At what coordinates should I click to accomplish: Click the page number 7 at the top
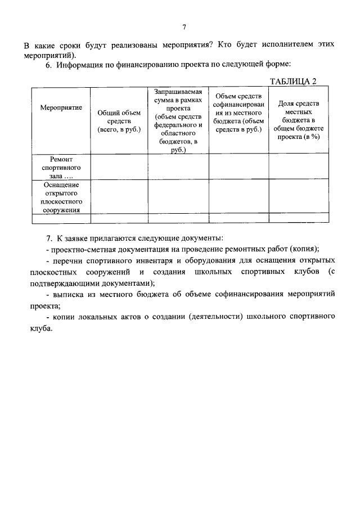[184, 27]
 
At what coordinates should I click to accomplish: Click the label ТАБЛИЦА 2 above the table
[293, 81]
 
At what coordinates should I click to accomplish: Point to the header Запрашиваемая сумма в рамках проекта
[178, 120]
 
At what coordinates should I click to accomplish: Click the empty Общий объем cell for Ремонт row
[119, 167]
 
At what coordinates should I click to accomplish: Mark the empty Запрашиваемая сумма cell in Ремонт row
[178, 167]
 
